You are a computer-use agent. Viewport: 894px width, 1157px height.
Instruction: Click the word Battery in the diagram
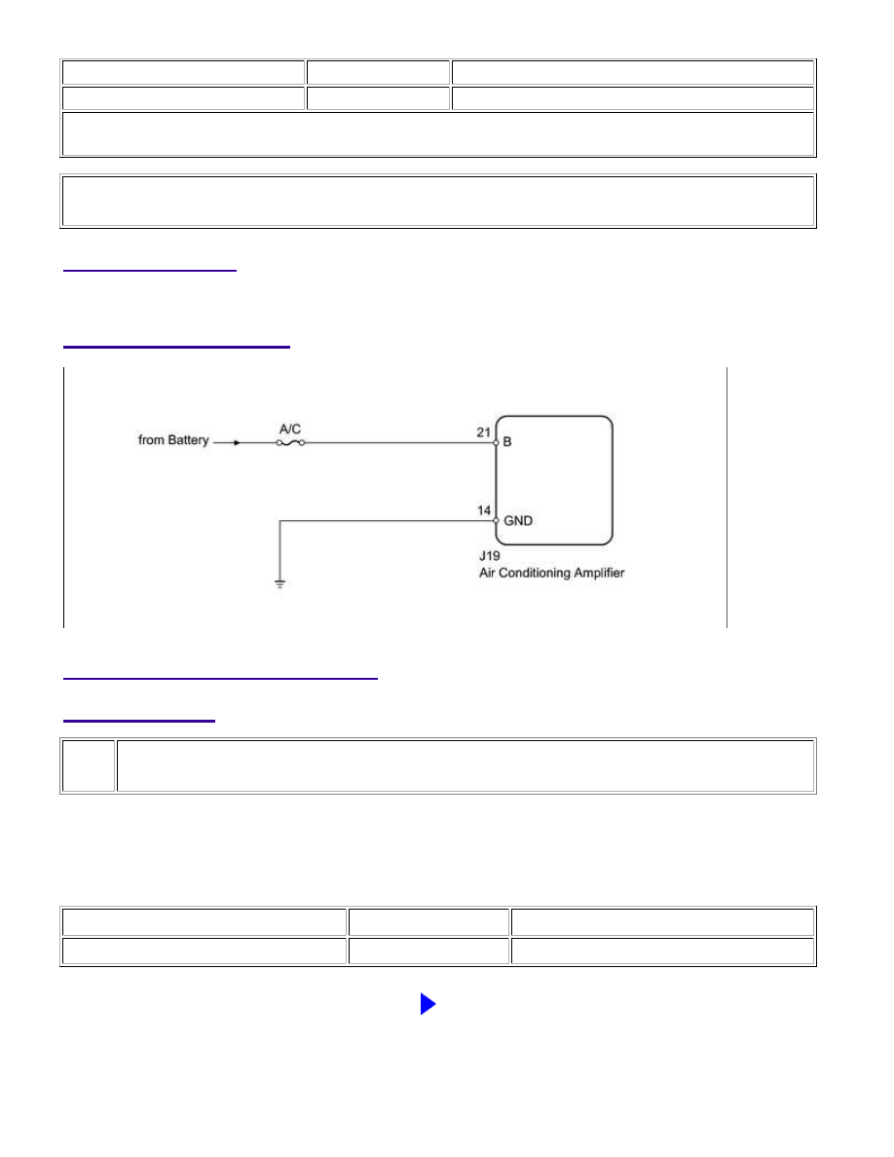point(188,440)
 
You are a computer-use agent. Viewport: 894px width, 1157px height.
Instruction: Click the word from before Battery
point(151,440)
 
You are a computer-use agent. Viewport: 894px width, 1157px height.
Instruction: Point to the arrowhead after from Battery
point(237,443)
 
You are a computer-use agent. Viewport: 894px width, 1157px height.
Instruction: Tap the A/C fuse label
point(290,429)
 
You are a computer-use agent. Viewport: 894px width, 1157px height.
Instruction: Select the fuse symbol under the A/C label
point(290,443)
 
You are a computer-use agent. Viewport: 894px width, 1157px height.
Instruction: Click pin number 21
point(483,432)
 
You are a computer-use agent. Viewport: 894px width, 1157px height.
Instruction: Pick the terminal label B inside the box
point(507,441)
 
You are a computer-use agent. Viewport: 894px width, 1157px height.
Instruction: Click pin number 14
point(483,510)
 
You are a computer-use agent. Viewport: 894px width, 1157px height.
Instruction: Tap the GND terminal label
point(518,520)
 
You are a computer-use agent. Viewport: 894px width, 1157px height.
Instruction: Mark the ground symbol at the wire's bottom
point(280,584)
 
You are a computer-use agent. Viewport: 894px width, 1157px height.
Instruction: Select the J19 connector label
point(489,556)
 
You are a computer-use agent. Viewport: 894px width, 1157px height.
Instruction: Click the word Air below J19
point(487,573)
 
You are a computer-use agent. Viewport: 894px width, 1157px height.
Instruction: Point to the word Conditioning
point(535,573)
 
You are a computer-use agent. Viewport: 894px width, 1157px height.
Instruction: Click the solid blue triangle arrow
point(428,1003)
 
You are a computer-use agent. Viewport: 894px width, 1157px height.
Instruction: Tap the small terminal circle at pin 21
point(496,443)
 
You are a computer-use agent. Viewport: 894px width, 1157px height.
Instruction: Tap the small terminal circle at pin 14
point(496,520)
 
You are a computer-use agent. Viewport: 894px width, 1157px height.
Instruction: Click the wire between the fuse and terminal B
point(399,443)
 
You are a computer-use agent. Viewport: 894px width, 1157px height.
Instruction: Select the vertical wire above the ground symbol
point(280,550)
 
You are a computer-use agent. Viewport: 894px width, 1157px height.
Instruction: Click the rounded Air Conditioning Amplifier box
point(613,480)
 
